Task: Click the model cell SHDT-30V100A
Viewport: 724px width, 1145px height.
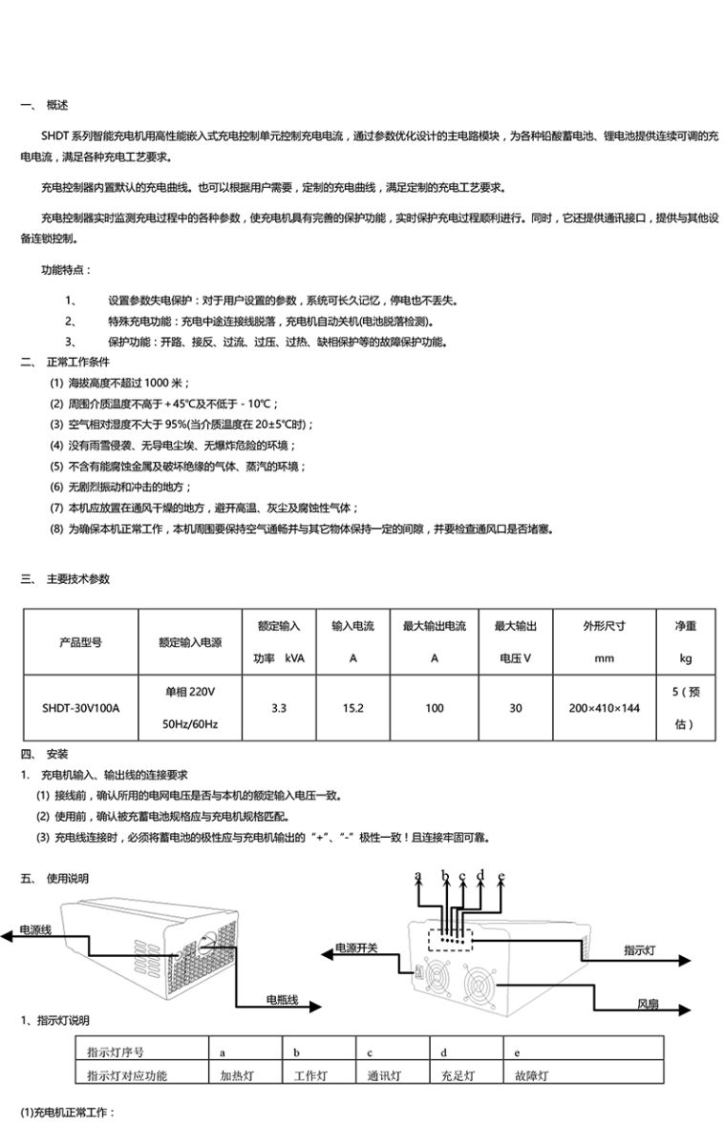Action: pos(87,708)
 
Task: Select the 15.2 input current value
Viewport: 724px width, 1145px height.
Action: pos(352,708)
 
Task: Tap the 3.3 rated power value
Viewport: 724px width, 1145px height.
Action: pos(279,708)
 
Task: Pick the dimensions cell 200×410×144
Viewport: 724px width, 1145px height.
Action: pos(604,708)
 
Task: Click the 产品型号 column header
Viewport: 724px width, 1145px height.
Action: pos(87,642)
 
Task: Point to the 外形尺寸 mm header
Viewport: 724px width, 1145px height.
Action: pos(604,642)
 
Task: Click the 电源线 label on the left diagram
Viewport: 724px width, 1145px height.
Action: pos(35,927)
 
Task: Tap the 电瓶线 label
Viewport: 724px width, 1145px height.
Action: pos(282,999)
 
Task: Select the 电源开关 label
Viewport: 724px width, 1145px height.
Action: pos(355,948)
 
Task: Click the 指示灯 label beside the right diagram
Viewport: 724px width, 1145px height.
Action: pos(639,950)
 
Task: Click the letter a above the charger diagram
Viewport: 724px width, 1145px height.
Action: pos(418,874)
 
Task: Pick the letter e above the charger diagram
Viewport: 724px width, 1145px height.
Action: pos(500,874)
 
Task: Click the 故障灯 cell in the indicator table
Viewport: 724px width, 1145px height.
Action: pos(531,1075)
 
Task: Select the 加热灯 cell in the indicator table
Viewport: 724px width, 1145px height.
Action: pos(236,1075)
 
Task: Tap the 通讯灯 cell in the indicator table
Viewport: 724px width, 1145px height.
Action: pos(384,1075)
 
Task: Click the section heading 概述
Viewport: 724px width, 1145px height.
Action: pos(56,104)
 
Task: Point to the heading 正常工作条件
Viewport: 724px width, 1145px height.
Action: pos(78,363)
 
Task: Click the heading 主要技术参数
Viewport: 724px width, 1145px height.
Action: pos(78,578)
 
